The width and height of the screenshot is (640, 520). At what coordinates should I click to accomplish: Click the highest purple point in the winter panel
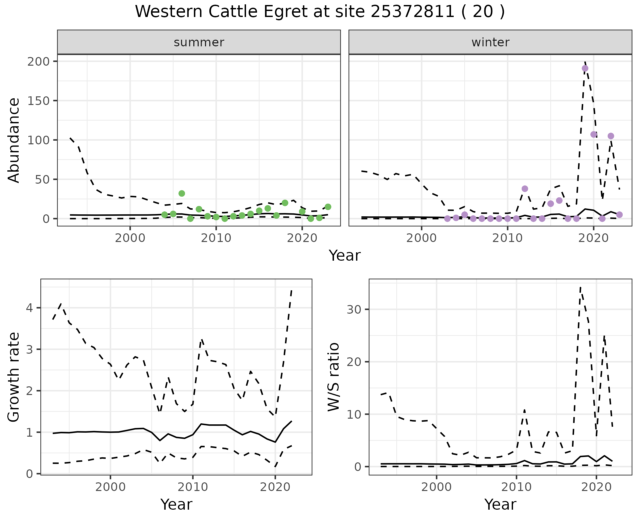pos(585,68)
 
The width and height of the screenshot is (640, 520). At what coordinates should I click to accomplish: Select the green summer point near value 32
pos(182,193)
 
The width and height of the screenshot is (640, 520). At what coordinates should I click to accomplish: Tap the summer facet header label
pos(199,42)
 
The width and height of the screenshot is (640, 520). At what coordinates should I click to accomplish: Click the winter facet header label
pos(490,42)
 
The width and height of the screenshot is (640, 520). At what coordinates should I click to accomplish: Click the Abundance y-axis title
pos(14,140)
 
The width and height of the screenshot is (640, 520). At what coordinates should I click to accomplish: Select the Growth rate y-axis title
pos(14,377)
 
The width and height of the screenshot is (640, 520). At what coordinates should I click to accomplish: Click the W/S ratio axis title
pos(333,377)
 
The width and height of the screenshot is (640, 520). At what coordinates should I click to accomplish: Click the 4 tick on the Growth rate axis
pos(30,308)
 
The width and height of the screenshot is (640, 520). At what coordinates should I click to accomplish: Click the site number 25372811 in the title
pos(412,12)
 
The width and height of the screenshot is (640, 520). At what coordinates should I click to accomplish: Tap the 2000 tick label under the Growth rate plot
pos(110,487)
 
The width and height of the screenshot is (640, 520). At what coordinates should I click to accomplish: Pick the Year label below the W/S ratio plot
pos(500,504)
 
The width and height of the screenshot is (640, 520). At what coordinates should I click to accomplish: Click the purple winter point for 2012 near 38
pos(525,189)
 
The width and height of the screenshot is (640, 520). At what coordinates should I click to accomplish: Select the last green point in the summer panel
pos(328,207)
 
